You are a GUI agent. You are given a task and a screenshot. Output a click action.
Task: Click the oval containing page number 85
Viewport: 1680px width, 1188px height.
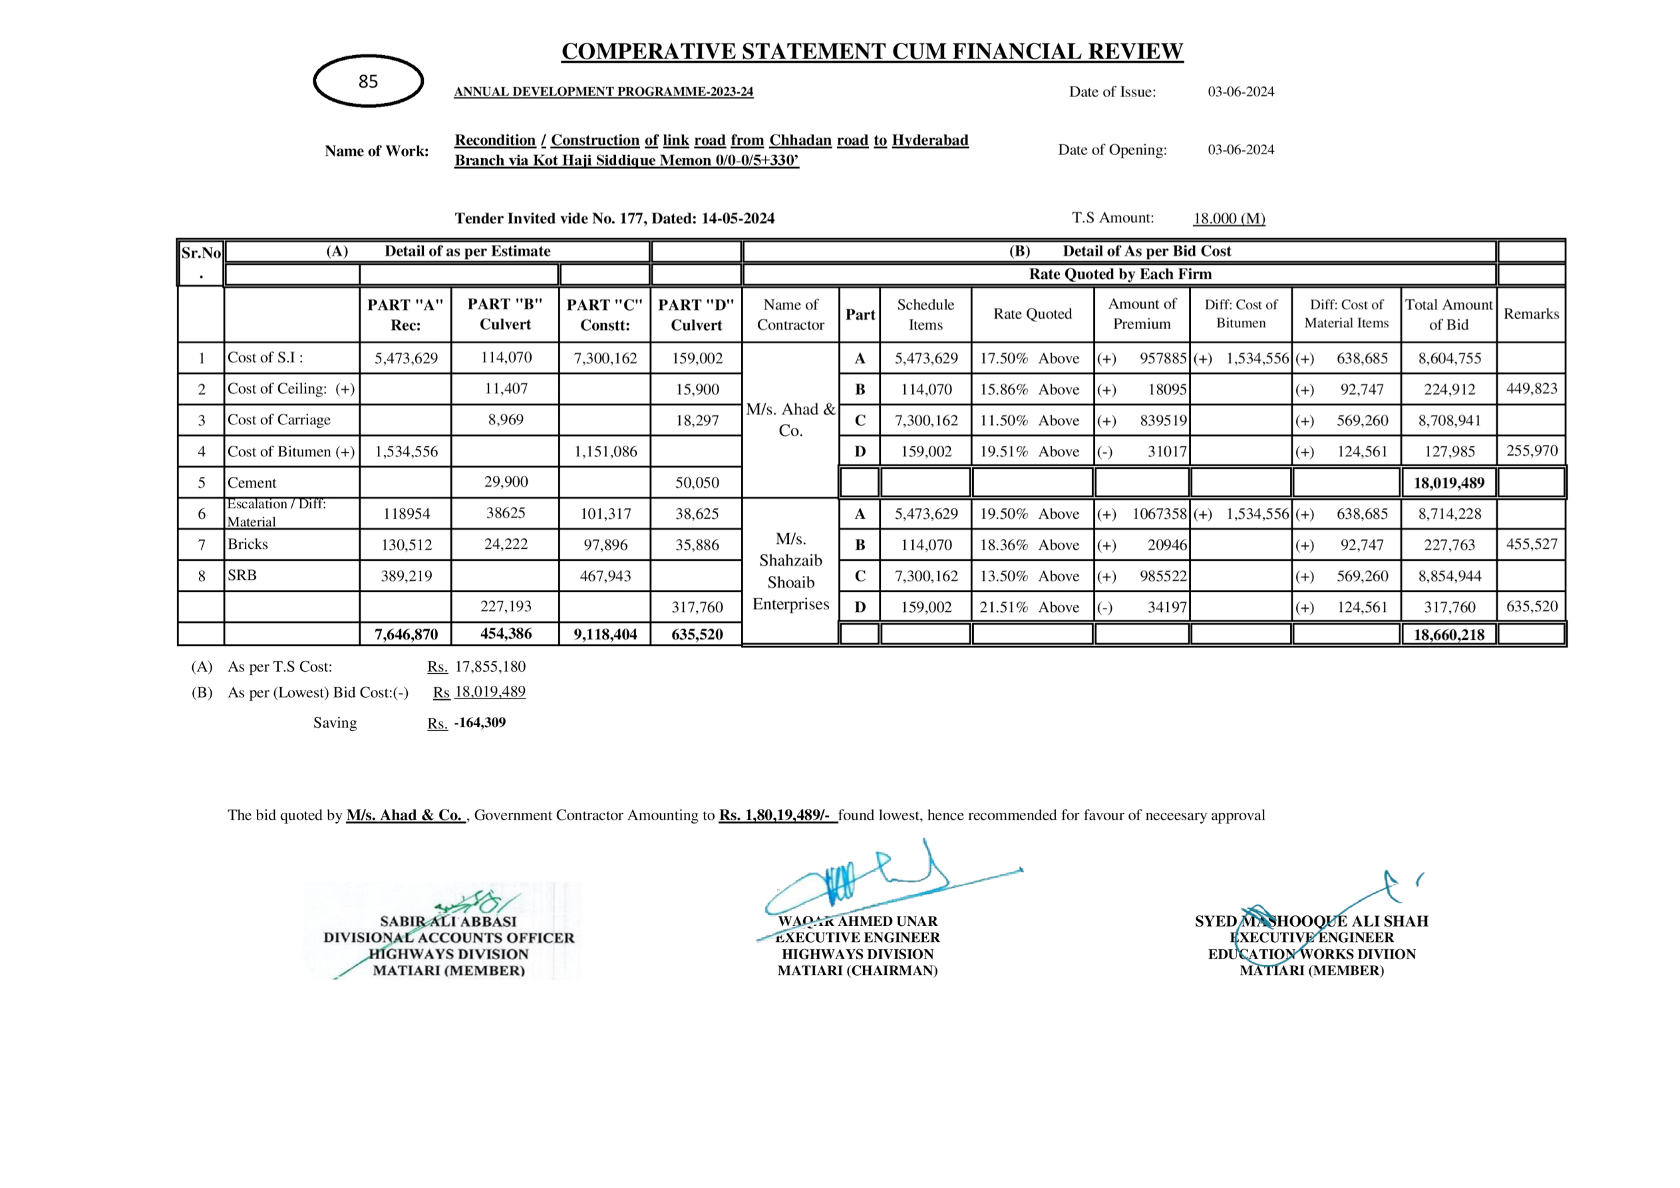(x=368, y=81)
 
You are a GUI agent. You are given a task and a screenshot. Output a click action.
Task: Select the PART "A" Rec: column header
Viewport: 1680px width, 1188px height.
(x=405, y=315)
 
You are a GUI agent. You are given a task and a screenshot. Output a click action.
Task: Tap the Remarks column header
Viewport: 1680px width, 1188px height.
(x=1531, y=314)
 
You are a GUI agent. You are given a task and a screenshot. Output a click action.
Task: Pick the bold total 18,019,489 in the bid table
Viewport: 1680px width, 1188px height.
(x=1448, y=483)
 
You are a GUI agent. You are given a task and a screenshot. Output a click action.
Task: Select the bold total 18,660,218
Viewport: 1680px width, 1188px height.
(x=1448, y=634)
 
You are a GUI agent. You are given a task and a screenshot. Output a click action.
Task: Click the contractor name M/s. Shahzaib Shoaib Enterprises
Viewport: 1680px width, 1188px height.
(x=790, y=571)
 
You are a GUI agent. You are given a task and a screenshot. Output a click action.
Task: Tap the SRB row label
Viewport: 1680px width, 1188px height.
(x=242, y=575)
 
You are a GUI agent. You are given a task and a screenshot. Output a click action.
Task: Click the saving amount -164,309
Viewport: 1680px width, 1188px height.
(x=479, y=723)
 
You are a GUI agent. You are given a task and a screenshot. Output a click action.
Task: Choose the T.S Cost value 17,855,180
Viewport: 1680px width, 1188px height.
(x=490, y=667)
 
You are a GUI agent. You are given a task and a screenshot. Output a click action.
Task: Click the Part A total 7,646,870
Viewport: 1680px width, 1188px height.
(x=405, y=634)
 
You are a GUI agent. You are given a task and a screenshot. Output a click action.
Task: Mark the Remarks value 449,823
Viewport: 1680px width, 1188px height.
(x=1531, y=388)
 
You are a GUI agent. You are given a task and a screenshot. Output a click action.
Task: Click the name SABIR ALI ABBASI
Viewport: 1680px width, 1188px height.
(x=448, y=921)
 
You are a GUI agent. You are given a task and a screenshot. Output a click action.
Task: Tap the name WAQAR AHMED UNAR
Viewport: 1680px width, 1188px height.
(x=857, y=921)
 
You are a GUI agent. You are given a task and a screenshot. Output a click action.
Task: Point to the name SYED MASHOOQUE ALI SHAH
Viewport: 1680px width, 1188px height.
(x=1311, y=921)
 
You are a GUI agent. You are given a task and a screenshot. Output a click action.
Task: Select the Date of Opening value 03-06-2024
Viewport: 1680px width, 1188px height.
(x=1240, y=150)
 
